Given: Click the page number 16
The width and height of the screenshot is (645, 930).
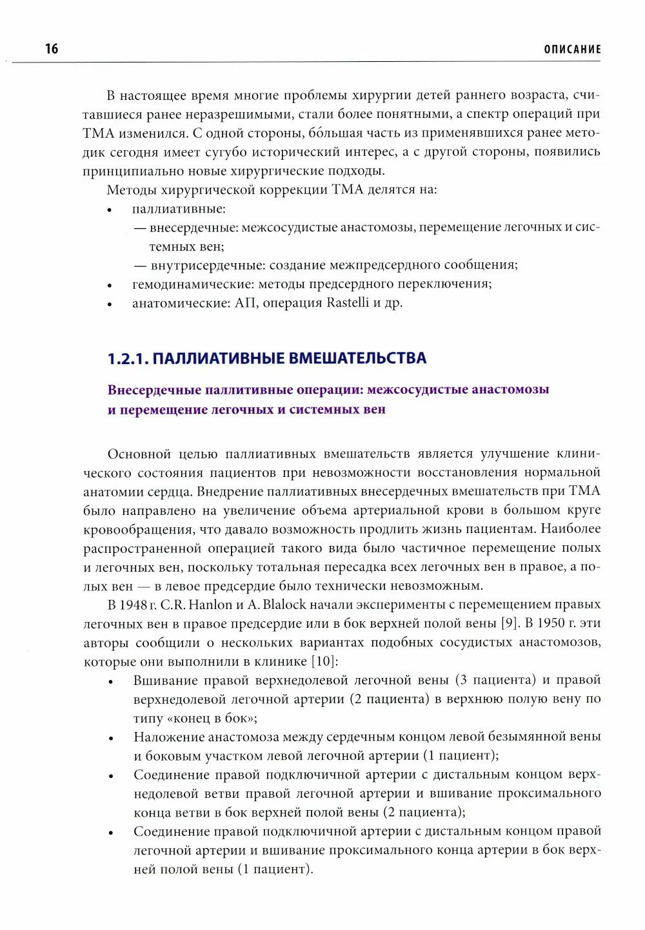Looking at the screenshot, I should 52,49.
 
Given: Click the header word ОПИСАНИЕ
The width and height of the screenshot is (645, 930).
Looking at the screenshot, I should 572,50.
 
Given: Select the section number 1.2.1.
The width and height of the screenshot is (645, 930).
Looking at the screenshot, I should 128,359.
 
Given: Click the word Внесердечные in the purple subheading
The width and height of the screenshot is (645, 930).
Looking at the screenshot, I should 152,390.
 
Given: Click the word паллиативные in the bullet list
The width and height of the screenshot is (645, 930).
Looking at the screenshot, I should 179,209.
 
